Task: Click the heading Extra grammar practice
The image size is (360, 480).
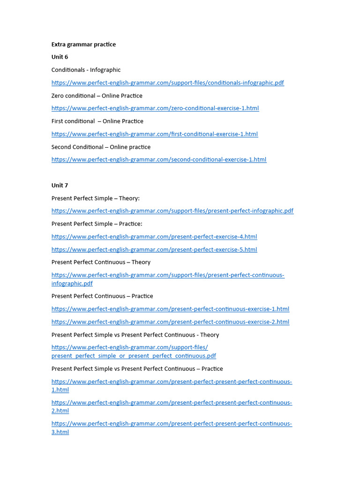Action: point(83,45)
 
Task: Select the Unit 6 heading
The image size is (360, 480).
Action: point(60,57)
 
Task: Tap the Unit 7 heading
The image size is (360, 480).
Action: point(60,186)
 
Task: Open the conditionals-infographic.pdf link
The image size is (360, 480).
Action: point(167,83)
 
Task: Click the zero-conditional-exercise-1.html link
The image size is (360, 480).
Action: point(155,108)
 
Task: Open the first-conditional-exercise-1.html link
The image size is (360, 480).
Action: point(154,134)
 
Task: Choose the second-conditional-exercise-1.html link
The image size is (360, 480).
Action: point(158,160)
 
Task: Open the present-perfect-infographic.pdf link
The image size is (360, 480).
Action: point(172,211)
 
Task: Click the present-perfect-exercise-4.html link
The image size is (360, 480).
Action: point(154,237)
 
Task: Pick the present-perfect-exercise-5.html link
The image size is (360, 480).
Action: point(154,250)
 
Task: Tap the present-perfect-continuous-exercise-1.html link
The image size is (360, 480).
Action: point(170,309)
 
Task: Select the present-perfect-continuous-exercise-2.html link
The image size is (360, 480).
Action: point(170,322)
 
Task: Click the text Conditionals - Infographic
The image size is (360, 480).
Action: point(86,70)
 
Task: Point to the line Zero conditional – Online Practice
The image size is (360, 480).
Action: point(97,96)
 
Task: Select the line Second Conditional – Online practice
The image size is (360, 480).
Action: point(101,147)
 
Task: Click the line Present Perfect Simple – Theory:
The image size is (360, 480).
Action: point(95,198)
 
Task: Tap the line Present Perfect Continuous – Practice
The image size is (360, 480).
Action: point(102,296)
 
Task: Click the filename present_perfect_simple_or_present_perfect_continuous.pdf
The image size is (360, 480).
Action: point(134,356)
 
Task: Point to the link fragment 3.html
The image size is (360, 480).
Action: point(60,432)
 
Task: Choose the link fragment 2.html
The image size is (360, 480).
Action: point(60,411)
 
